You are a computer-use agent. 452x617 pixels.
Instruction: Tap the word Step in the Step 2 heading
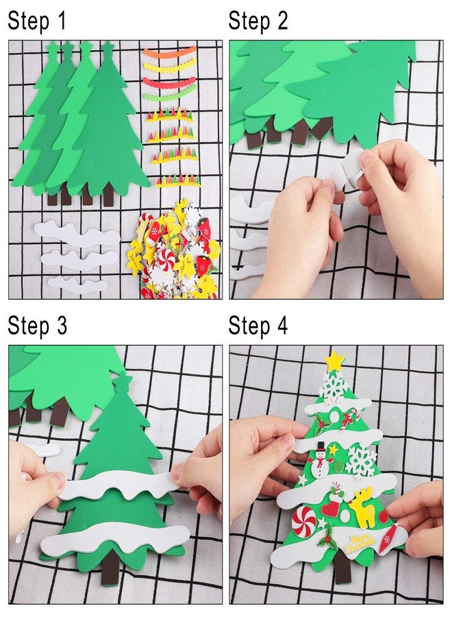[249, 21]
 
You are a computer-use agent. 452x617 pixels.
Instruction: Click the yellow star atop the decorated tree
[334, 361]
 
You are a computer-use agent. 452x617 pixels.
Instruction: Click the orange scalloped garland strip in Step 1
[169, 52]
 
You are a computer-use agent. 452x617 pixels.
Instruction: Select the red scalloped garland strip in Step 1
[168, 84]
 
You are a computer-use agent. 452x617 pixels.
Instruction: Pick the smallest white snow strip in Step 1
[77, 284]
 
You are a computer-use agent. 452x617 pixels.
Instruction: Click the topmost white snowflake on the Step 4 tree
[334, 387]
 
